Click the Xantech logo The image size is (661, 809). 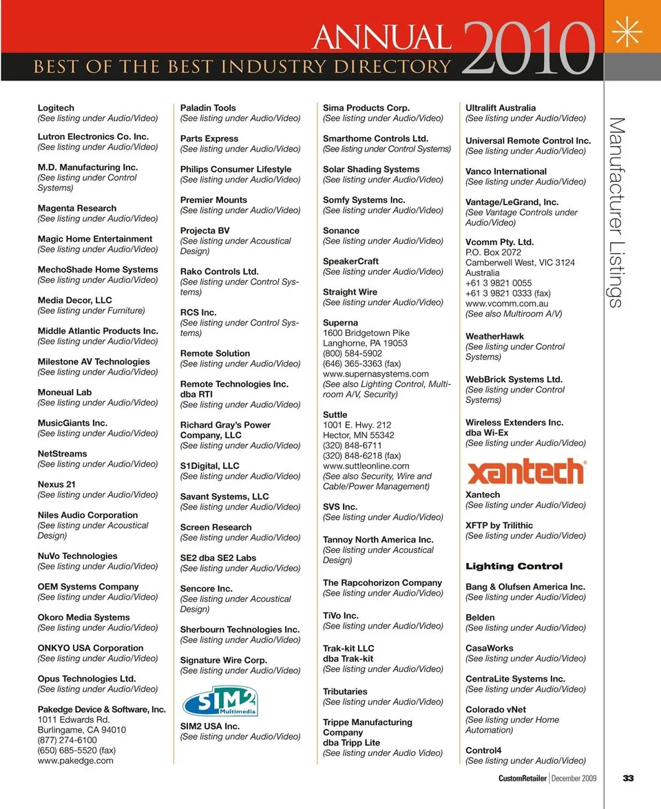(526, 472)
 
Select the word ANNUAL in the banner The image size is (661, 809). (382, 37)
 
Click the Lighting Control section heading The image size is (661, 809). (514, 567)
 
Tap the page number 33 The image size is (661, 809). (628, 779)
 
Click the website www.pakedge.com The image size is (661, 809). (75, 761)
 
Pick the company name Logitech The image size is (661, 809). (56, 108)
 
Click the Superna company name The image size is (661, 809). (341, 322)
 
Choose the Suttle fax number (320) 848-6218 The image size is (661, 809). (361, 456)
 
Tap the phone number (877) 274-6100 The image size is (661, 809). (67, 740)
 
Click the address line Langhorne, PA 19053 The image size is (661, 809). (365, 343)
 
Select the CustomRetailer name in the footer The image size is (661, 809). (523, 779)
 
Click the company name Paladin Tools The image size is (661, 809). (208, 108)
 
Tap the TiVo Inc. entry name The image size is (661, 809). (341, 616)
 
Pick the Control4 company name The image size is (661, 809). (484, 750)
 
